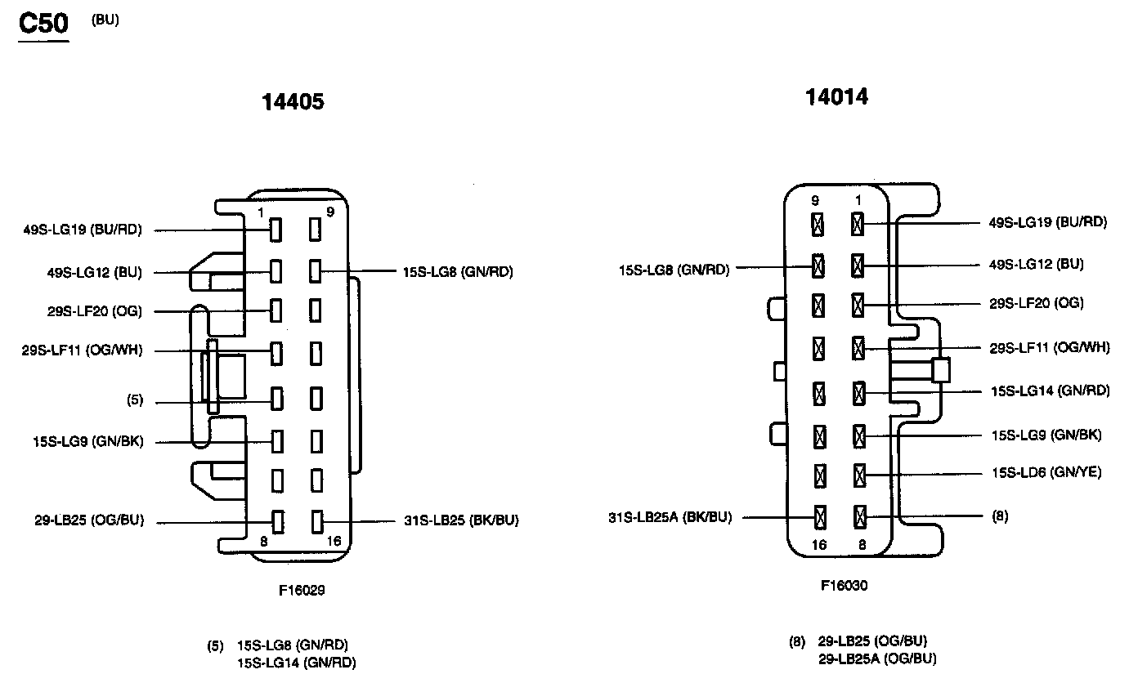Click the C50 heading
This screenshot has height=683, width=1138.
(43, 24)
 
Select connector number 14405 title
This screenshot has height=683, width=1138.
(293, 102)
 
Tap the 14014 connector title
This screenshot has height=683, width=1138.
(836, 97)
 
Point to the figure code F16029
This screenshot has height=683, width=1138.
(300, 590)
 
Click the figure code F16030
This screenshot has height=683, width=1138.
(845, 585)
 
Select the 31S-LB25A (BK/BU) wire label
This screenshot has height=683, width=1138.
(670, 516)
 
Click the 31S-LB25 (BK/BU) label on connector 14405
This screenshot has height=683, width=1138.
(461, 520)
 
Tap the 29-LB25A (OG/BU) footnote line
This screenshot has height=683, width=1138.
(877, 658)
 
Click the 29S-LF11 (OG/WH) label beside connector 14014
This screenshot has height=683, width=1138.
(1050, 347)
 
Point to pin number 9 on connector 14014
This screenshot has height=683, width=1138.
(815, 200)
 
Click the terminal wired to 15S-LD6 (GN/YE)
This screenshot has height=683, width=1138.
(858, 474)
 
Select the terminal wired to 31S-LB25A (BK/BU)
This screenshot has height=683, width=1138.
(818, 516)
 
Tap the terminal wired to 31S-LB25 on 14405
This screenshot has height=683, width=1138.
(316, 520)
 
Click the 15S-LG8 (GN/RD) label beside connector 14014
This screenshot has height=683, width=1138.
(674, 269)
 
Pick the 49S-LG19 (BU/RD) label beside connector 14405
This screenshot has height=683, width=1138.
(83, 230)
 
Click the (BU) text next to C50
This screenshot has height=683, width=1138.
(105, 20)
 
